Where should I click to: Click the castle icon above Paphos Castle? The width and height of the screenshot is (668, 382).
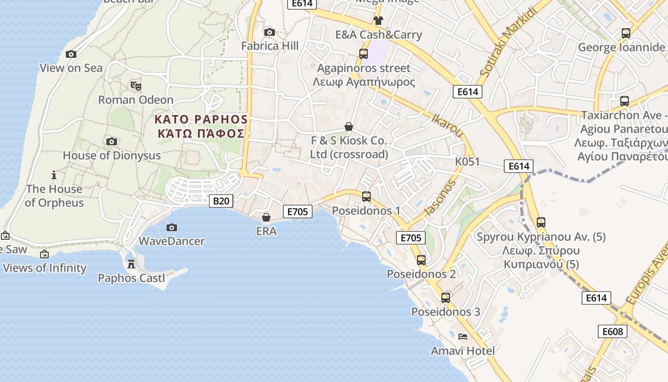click(131, 264)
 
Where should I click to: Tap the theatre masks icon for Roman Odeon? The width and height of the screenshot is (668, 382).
click(136, 86)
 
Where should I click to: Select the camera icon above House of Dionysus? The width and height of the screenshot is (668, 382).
click(112, 141)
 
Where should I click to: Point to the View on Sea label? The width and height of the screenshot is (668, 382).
click(71, 68)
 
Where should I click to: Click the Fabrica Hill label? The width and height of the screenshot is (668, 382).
click(270, 46)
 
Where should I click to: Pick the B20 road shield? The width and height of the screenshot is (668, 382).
click(221, 201)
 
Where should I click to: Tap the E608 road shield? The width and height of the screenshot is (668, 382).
click(613, 331)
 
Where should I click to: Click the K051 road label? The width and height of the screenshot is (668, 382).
click(467, 161)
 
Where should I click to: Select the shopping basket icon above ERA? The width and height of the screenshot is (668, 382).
click(266, 218)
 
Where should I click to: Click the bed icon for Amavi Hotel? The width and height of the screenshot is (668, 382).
click(463, 337)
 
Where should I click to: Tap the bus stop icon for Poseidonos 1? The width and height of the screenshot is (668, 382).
click(366, 196)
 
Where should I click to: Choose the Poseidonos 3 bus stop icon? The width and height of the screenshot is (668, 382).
click(446, 297)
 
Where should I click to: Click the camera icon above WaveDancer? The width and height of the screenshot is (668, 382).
click(172, 227)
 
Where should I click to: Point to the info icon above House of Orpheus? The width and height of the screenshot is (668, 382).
click(54, 175)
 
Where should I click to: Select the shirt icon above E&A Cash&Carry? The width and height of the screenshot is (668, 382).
click(378, 20)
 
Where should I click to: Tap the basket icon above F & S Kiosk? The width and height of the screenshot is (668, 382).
click(349, 127)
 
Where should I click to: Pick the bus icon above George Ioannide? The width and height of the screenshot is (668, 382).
click(626, 33)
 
